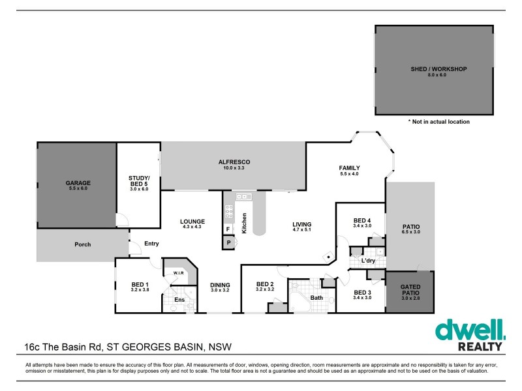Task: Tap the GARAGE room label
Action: coord(78,183)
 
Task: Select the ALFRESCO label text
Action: coord(234,162)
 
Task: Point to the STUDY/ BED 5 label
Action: coord(140,180)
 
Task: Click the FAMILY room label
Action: coord(350,168)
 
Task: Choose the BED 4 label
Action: coord(362,220)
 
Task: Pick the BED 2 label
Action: coord(264,284)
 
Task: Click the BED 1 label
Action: coord(140,284)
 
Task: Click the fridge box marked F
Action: coord(228,229)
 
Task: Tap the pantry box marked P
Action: coord(228,242)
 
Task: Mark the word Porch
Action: coord(82,244)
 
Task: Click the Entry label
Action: coord(151,244)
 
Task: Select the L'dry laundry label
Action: coord(367,261)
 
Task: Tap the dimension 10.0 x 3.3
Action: coord(234,168)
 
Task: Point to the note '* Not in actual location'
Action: coord(438,121)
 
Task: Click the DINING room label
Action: coord(220,284)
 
